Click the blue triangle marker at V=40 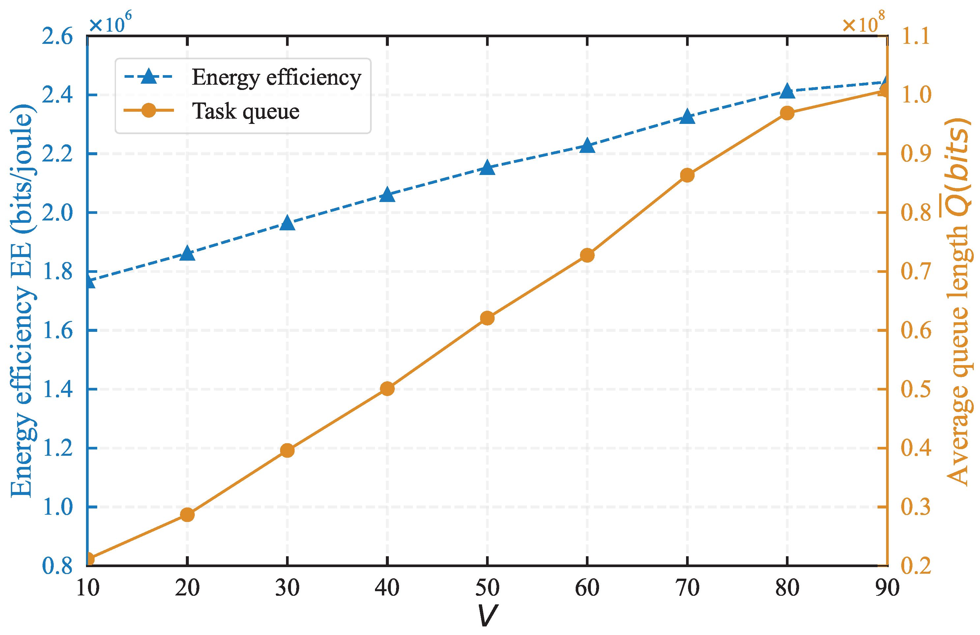point(387,195)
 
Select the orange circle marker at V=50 point(487,318)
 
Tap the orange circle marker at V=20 point(187,514)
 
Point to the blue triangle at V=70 point(687,117)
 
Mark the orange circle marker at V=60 point(587,255)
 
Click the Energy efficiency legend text point(276,77)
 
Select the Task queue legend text point(245,111)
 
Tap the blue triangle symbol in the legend point(149,76)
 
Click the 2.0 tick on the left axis point(57,213)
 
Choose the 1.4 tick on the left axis point(57,389)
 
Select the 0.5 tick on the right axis point(916,389)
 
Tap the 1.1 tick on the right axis point(916,36)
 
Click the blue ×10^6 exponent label point(110,23)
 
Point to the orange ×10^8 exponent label point(863,23)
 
